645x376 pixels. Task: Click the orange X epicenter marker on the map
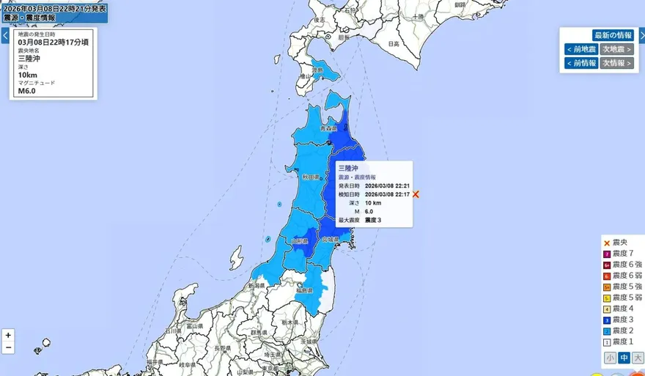pos(416,194)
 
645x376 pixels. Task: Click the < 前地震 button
pos(580,49)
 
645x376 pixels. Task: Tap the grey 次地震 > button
pos(617,49)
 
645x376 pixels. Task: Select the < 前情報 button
pos(580,63)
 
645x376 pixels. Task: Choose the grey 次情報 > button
pos(617,63)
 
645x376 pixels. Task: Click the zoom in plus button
pos(8,335)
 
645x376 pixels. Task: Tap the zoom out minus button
pos(8,347)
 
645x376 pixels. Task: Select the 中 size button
pos(623,358)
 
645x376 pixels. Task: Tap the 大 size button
pos(637,358)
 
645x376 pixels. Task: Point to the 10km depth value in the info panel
pos(28,74)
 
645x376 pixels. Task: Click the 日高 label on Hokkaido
pos(394,44)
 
